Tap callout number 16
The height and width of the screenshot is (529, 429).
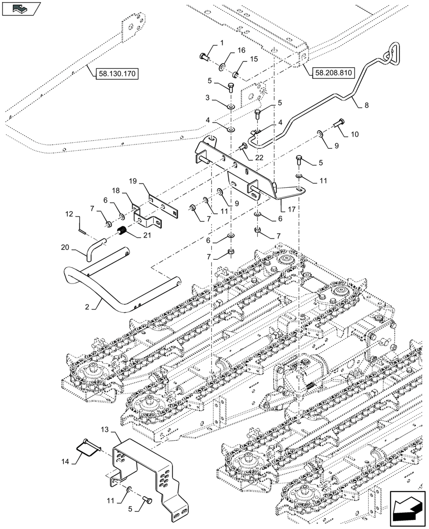point(241,50)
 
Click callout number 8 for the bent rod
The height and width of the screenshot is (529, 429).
point(367,105)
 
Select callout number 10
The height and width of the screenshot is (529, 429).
point(354,134)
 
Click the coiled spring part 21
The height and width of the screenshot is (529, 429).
point(122,231)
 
